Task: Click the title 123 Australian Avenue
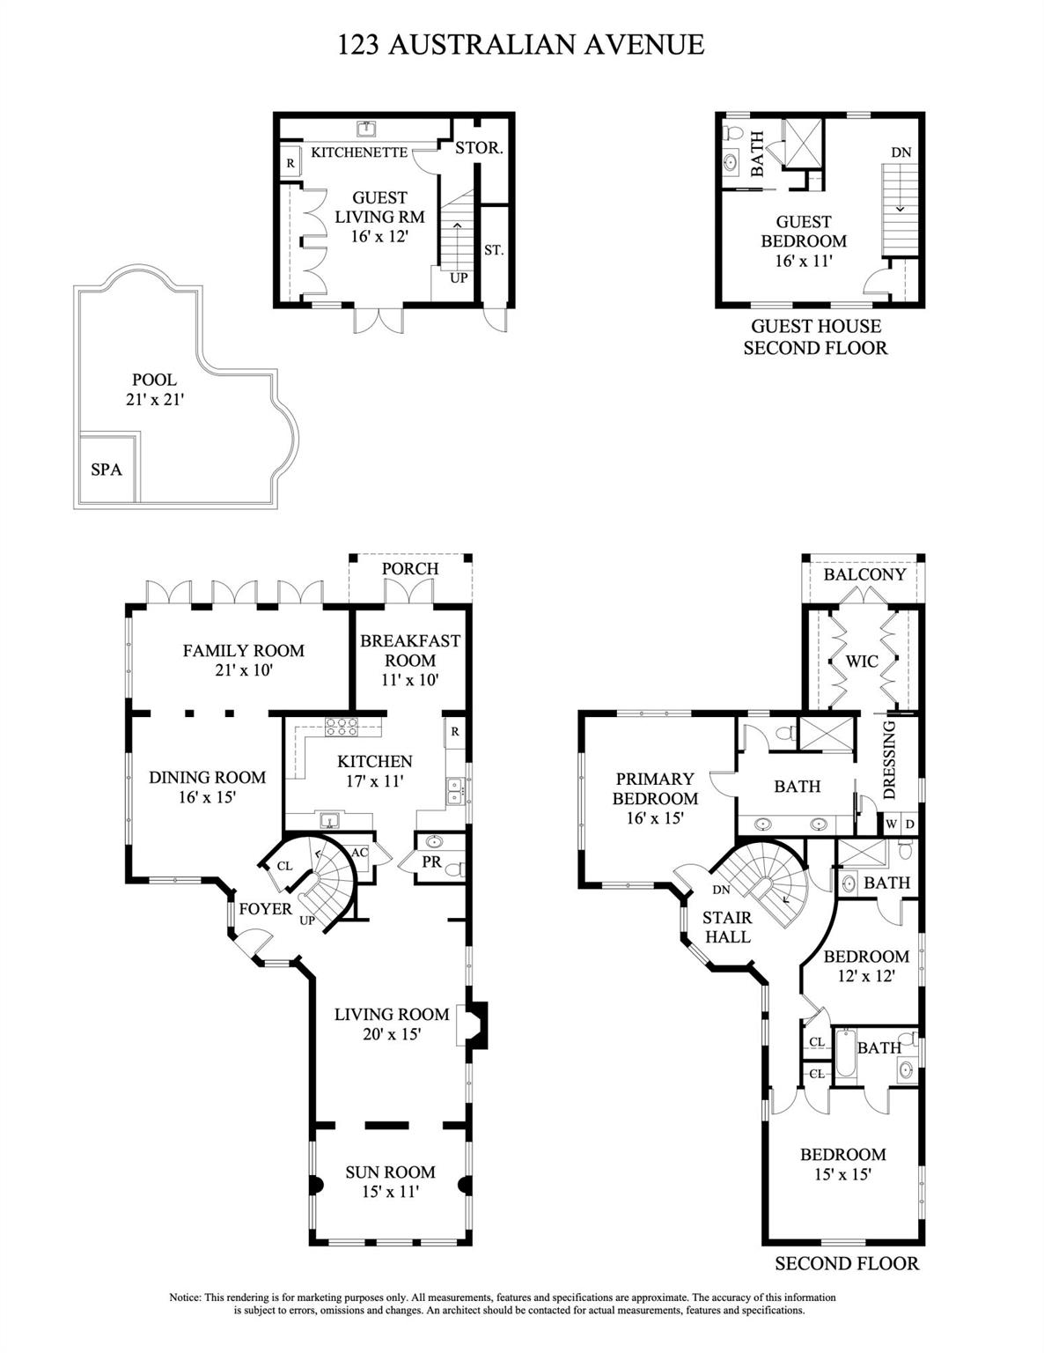pyautogui.click(x=521, y=45)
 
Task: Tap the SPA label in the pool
pyautogui.click(x=107, y=469)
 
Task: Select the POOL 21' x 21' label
pyautogui.click(x=154, y=389)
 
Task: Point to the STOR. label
pyautogui.click(x=479, y=148)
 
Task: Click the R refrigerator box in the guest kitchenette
pyautogui.click(x=290, y=164)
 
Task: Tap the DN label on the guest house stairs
pyautogui.click(x=901, y=152)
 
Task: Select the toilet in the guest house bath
pyautogui.click(x=732, y=134)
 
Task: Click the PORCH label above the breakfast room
pyautogui.click(x=410, y=568)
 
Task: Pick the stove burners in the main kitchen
pyautogui.click(x=341, y=728)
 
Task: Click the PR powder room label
pyautogui.click(x=431, y=862)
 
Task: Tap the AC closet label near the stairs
pyautogui.click(x=359, y=853)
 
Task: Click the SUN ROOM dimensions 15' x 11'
pyautogui.click(x=390, y=1193)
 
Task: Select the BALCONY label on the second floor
pyautogui.click(x=864, y=574)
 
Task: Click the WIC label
pyautogui.click(x=862, y=661)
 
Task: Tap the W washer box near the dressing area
pyautogui.click(x=891, y=824)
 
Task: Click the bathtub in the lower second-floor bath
pyautogui.click(x=844, y=1056)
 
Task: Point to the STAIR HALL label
pyautogui.click(x=727, y=927)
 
